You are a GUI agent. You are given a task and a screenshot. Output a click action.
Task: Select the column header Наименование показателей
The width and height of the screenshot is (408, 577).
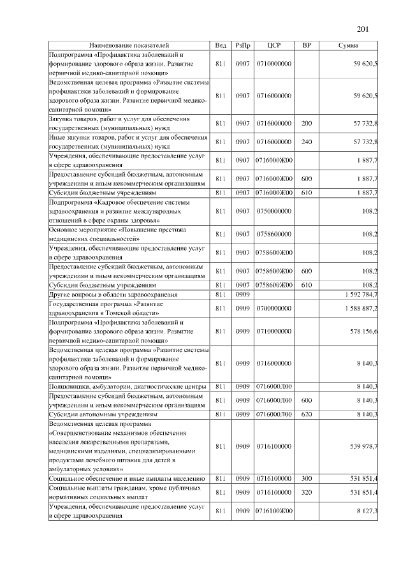pyautogui.click(x=129, y=46)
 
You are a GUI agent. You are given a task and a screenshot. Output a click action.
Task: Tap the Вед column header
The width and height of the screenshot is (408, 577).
pyautogui.click(x=221, y=46)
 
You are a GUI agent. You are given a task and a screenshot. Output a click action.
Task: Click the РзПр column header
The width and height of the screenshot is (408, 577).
pyautogui.click(x=242, y=46)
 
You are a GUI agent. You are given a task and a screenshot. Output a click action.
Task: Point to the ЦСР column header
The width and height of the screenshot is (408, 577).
pyautogui.click(x=274, y=46)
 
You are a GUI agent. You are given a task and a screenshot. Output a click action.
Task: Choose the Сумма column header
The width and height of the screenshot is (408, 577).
pyautogui.click(x=348, y=46)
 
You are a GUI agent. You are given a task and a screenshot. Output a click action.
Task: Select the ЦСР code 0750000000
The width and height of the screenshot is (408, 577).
pyautogui.click(x=274, y=210)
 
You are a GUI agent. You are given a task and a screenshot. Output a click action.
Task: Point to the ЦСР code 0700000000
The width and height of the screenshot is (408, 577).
pyautogui.click(x=274, y=309)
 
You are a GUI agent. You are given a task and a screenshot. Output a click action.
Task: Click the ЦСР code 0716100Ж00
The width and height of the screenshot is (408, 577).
pyautogui.click(x=274, y=511)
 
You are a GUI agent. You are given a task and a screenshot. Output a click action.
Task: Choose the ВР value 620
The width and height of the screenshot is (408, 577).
pyautogui.click(x=306, y=414)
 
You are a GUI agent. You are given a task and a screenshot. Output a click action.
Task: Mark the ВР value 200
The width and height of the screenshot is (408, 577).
pyautogui.click(x=306, y=123)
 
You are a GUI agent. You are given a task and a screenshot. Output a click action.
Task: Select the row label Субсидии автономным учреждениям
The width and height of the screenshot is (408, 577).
pyautogui.click(x=103, y=414)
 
